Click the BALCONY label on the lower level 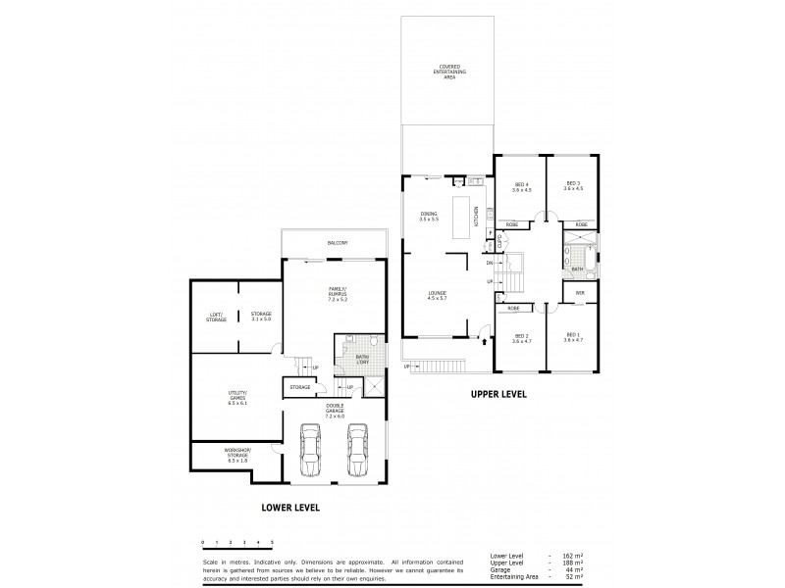tap(337, 242)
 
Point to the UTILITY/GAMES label tap(238, 399)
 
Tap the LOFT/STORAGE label tap(216, 317)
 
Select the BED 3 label tap(573, 186)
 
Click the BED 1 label tap(573, 337)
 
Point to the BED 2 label tap(520, 337)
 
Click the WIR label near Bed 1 tap(580, 291)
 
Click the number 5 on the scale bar tap(272, 541)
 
